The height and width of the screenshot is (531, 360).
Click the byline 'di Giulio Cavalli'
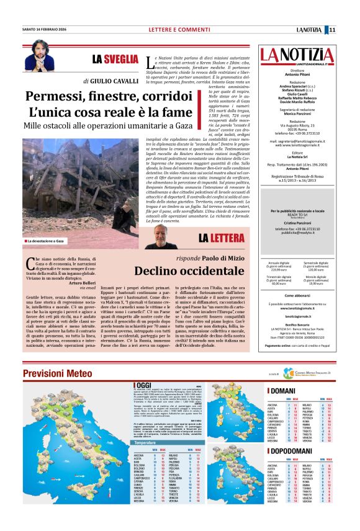110,81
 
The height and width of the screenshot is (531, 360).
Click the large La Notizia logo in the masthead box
297,55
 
